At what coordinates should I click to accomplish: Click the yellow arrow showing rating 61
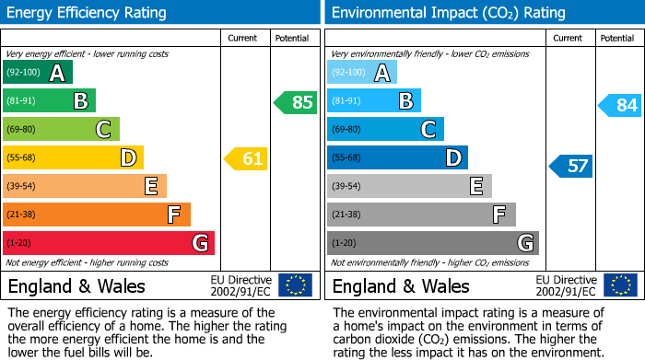point(246,159)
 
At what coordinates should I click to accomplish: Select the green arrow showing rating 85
point(296,102)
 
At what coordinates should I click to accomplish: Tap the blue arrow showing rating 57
point(571,166)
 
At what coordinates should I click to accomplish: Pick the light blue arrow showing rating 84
point(620,106)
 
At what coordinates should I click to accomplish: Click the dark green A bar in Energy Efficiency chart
point(38,73)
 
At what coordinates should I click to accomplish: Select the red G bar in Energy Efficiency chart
point(109,243)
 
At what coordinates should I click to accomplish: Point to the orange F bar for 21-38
point(97,215)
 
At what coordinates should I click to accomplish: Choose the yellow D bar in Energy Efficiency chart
point(74,157)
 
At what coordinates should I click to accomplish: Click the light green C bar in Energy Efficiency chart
point(62,129)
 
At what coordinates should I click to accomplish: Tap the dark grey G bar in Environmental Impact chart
point(432,243)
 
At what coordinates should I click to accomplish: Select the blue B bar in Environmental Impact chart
point(373,100)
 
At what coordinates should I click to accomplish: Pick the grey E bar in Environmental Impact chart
point(409,186)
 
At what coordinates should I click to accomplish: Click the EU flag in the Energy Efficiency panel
point(295,285)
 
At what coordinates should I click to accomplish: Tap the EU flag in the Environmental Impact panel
point(620,285)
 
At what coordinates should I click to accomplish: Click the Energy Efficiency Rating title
point(88,13)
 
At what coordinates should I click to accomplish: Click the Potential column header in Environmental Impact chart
point(616,38)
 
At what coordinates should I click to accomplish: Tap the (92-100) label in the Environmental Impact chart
point(349,73)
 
